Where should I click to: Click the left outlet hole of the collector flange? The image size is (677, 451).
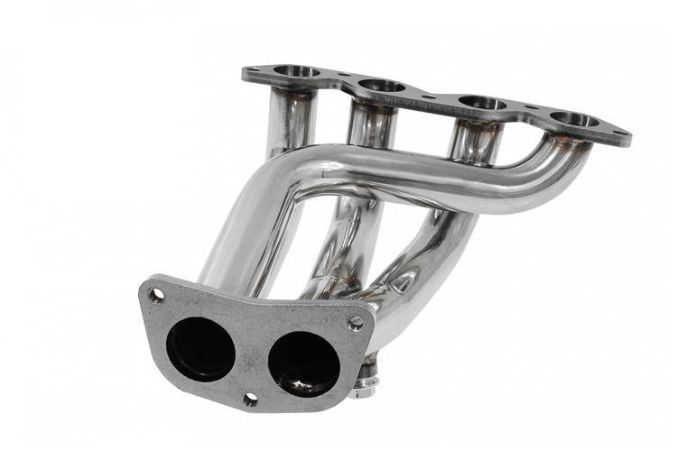coord(200,348)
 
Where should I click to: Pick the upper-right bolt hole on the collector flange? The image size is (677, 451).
coord(357,322)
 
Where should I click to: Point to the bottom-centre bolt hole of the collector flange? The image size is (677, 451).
coord(250,398)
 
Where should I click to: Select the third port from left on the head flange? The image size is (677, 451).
coord(482,103)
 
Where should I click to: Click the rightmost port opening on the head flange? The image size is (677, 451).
coord(575,119)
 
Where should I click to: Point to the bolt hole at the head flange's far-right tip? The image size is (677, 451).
coord(620,134)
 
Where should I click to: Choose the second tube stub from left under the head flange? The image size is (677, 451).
coord(371,126)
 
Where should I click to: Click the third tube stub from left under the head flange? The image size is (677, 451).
coord(474,139)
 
